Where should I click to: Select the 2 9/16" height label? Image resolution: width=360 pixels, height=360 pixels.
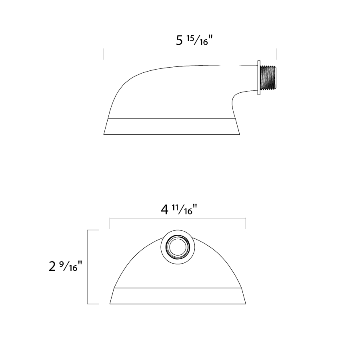tap(66, 266)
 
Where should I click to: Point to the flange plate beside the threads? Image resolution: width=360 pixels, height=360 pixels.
tap(259, 78)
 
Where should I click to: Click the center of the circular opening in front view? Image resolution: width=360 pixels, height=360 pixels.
tap(178, 247)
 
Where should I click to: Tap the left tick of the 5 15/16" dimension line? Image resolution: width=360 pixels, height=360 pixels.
tap(104, 54)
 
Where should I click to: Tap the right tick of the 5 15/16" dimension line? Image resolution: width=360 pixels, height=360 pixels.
tap(276, 54)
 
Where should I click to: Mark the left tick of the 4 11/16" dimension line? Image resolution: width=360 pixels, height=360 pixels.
tap(110, 223)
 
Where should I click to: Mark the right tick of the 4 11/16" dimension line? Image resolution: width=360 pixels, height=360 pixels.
tap(246, 223)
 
